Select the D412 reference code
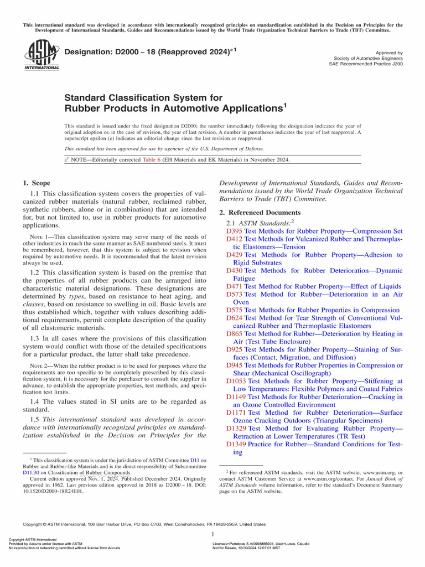coord(235,239)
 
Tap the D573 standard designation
coord(235,295)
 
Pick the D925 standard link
coord(235,351)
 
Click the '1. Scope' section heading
coord(37,183)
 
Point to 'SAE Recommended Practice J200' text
coord(366,64)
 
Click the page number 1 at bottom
coord(213,534)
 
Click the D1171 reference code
coord(237,413)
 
